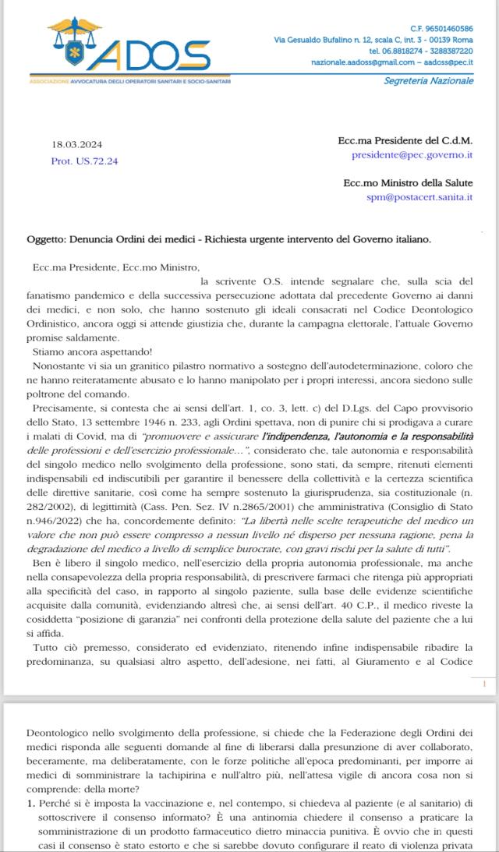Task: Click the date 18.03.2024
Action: (x=76, y=145)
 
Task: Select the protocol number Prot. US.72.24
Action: (x=85, y=161)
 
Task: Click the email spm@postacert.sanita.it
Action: (x=419, y=197)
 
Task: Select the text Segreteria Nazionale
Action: (x=428, y=80)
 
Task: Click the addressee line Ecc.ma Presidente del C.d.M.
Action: (x=405, y=141)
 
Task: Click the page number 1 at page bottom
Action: (x=484, y=684)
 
